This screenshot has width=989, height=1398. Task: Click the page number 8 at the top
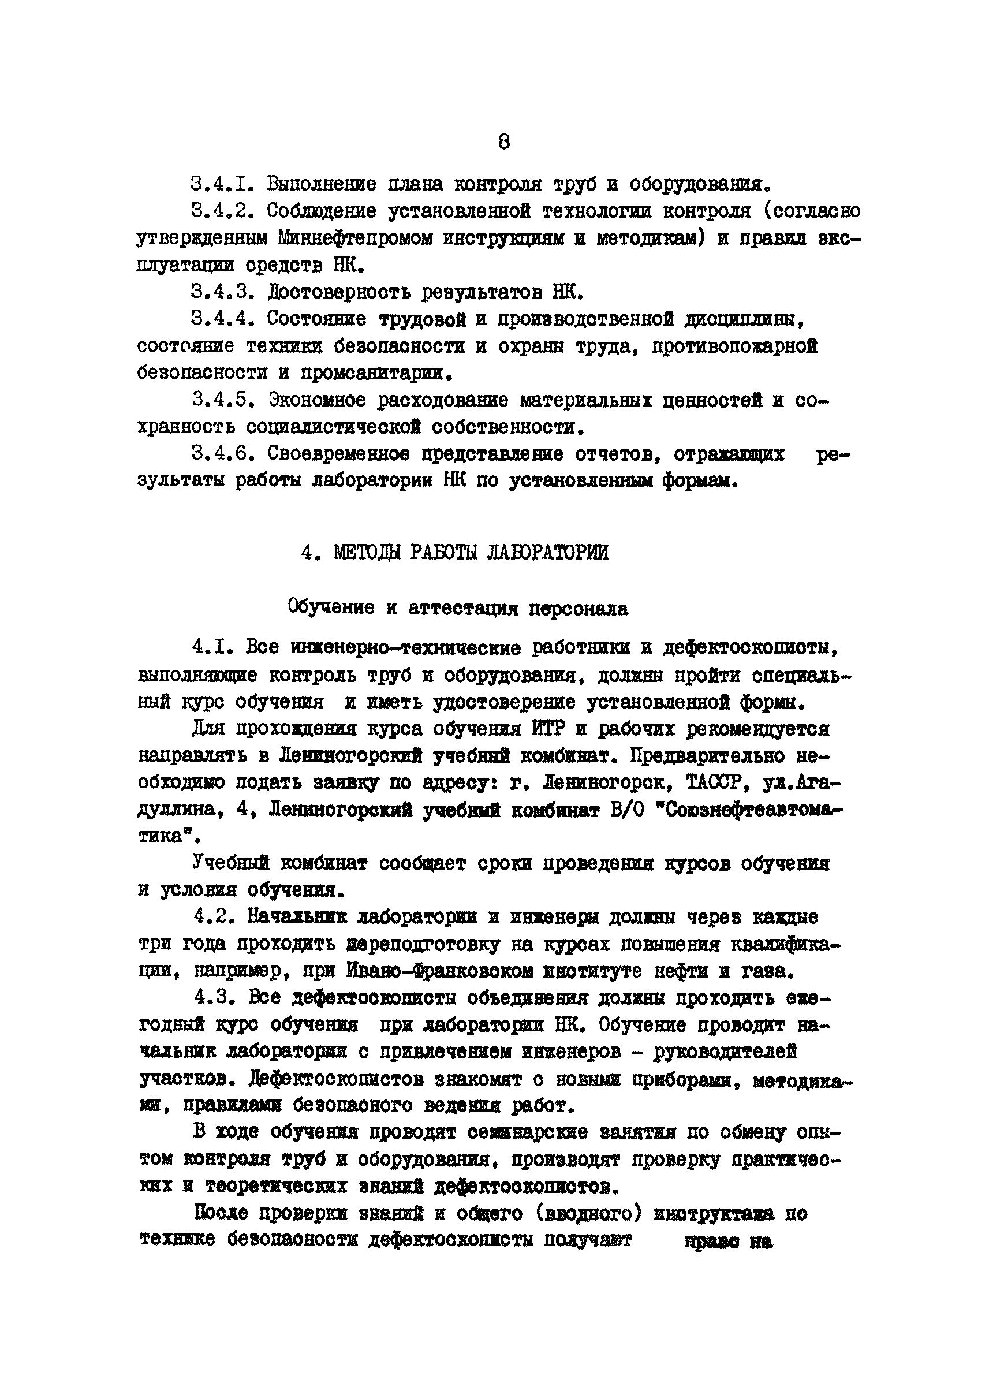point(503,142)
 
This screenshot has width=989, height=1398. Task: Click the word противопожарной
point(734,346)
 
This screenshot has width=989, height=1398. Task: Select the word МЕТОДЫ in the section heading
point(367,552)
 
